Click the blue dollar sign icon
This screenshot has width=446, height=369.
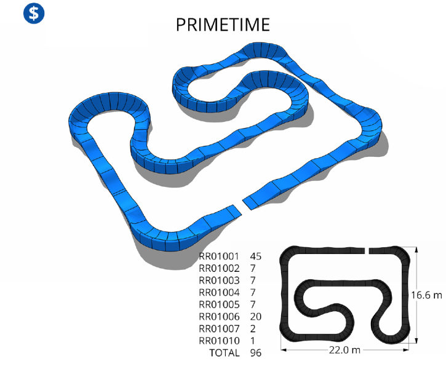pos(34,13)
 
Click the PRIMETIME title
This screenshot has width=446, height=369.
pos(223,25)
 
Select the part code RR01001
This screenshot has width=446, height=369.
pos(219,256)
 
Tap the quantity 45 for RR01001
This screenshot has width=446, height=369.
pos(255,256)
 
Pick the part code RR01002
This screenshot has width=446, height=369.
pos(219,268)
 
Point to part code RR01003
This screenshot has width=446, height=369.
pos(219,280)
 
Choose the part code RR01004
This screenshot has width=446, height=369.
pos(219,293)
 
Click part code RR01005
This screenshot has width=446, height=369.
pos(219,305)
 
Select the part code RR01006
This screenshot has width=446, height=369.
pos(219,317)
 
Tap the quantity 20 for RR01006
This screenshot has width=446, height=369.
pos(256,317)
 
